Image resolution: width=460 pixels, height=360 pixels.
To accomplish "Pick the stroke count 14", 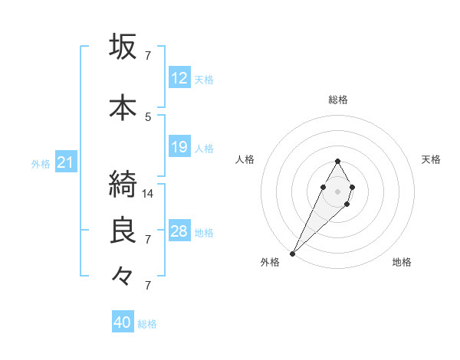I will coord(149,194).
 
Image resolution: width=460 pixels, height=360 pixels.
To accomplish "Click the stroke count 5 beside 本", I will coord(149,116).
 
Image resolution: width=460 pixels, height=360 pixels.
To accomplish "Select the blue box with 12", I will coord(179,78).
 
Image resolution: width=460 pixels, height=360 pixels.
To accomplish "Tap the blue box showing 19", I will coord(179,147).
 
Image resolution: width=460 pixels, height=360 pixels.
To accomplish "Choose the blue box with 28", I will coord(179,231).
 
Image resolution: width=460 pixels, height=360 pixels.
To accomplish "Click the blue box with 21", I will coord(66,162).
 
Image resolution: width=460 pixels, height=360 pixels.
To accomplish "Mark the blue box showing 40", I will coord(123,322).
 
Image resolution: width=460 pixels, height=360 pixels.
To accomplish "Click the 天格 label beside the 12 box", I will coord(204,80).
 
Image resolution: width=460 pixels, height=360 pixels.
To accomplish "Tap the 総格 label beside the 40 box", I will coord(147,324).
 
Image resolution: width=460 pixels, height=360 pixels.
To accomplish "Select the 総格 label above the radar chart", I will coord(337,100).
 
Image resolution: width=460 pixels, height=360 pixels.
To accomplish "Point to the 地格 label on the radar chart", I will coord(402,262).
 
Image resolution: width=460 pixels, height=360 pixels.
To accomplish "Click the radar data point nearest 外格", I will coord(293,253).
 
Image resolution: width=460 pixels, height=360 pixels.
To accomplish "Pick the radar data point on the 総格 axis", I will coord(337,161).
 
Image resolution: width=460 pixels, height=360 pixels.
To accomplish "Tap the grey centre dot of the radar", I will coord(337,190).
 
